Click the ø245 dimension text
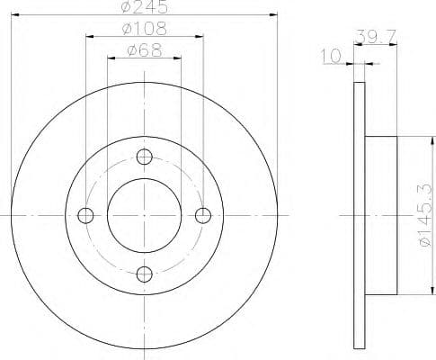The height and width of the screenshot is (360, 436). (144, 7)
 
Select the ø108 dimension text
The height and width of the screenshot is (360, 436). (144, 29)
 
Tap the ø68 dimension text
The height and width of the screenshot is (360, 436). (144, 50)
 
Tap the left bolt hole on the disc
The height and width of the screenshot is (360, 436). (86, 215)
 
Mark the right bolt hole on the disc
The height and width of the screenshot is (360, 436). (203, 215)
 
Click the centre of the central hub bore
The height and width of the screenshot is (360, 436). (145, 215)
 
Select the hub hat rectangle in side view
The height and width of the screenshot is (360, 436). (381, 215)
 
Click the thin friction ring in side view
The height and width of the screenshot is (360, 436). (360, 215)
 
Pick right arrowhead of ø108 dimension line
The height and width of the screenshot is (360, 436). (200, 37)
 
